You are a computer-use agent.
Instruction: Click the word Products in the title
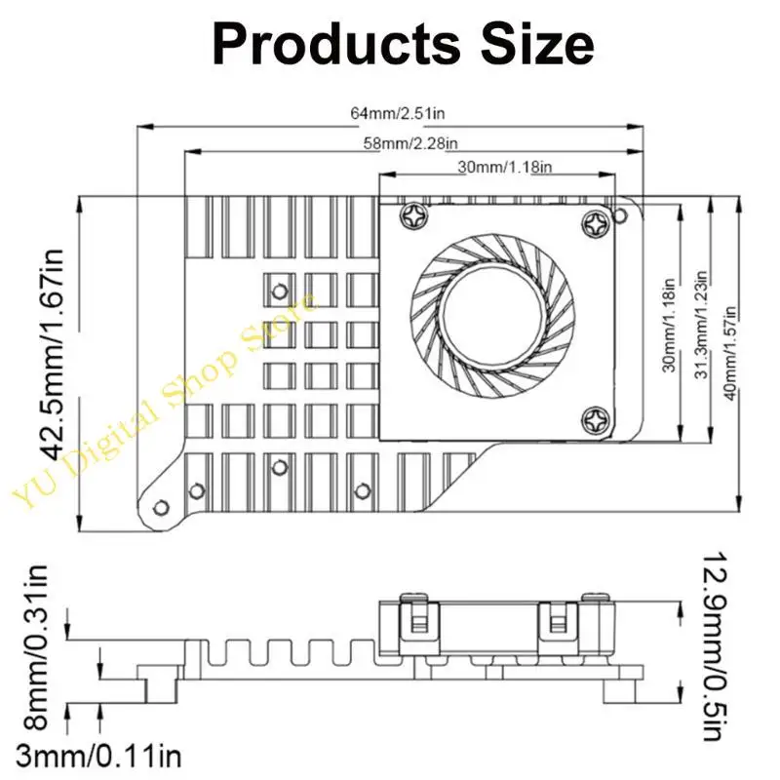(x=336, y=44)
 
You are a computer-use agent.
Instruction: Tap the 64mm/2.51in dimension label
(x=398, y=113)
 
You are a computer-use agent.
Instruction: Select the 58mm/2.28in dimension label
(x=410, y=143)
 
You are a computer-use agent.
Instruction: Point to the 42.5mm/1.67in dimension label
(x=52, y=355)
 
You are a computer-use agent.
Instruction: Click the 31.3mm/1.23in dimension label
(x=701, y=325)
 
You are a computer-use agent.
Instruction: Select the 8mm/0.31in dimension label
(x=35, y=646)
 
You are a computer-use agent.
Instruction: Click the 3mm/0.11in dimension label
(x=99, y=757)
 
